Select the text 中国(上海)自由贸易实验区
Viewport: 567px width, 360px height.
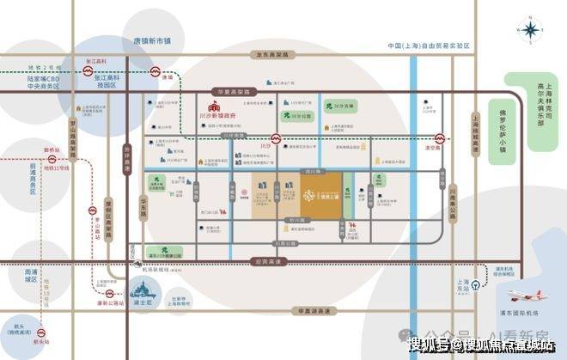coord(430,45)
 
